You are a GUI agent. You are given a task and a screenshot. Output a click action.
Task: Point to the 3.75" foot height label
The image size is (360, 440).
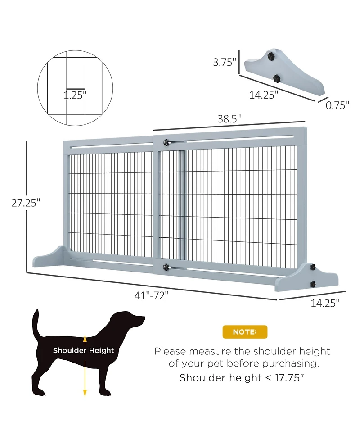[x=225, y=62]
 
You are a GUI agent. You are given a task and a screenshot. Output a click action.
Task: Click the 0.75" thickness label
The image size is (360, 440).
[x=338, y=105]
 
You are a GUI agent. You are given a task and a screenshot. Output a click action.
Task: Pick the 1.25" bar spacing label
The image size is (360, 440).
[x=75, y=95]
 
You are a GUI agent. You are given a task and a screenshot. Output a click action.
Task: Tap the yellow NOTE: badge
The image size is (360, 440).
[x=245, y=332]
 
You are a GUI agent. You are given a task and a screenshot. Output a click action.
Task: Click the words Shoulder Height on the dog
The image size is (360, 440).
[x=84, y=350]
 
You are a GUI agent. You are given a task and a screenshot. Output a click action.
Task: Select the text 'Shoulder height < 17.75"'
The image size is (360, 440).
[x=242, y=378]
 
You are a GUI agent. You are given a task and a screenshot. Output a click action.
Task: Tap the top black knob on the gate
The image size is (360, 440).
[x=167, y=142]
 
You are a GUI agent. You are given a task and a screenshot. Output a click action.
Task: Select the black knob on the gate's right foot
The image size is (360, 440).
[x=312, y=284]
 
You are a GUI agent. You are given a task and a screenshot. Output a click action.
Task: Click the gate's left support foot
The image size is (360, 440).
[x=49, y=257]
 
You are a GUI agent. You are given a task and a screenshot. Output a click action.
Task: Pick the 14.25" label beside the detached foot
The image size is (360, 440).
[x=264, y=95]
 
